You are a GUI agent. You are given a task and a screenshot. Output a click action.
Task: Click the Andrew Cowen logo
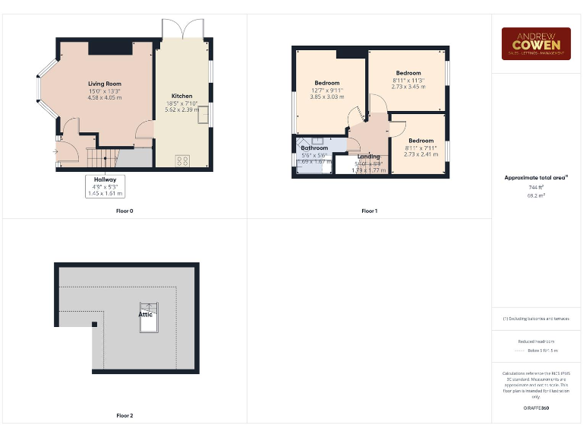pyautogui.click(x=536, y=43)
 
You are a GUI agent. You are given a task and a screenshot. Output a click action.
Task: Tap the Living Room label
pyautogui.click(x=104, y=84)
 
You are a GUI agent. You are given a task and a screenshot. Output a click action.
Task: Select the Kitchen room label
pyautogui.click(x=181, y=96)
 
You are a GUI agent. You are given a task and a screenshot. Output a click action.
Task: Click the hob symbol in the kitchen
pyautogui.click(x=182, y=160)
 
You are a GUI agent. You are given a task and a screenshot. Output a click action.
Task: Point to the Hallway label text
pyautogui.click(x=106, y=179)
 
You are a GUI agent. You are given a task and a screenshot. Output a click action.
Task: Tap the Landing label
pyautogui.click(x=369, y=157)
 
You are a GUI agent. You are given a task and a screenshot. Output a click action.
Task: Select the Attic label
pyautogui.click(x=145, y=313)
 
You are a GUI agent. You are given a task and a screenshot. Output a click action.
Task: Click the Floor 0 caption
pyautogui.click(x=124, y=211)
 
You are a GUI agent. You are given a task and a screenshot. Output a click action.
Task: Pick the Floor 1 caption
pyautogui.click(x=369, y=211)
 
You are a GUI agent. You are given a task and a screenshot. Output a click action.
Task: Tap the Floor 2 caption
pyautogui.click(x=124, y=416)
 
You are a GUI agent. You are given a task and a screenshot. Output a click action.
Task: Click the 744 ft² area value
pyautogui.click(x=536, y=187)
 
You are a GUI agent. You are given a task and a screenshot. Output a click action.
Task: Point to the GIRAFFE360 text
pyautogui.click(x=536, y=408)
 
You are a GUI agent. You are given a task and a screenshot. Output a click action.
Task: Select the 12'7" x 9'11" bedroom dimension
pyautogui.click(x=327, y=90)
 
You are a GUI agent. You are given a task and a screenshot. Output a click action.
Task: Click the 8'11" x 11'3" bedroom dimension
pyautogui.click(x=408, y=80)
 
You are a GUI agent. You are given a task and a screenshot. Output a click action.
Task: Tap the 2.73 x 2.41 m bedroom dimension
pyautogui.click(x=421, y=154)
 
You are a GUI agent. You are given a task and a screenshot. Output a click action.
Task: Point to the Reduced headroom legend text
pyautogui.click(x=536, y=341)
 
